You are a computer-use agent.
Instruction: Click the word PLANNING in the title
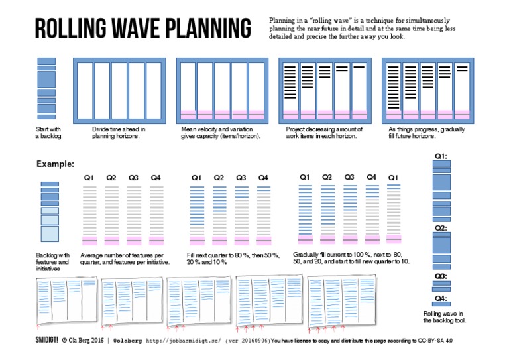pos(201,29)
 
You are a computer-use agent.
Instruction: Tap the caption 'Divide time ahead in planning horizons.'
pos(119,133)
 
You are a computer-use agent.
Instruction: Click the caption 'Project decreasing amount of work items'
pos(324,133)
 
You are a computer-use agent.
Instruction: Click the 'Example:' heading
pos(55,163)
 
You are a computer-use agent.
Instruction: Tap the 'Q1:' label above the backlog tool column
pos(441,156)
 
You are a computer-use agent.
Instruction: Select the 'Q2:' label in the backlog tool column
pos(441,227)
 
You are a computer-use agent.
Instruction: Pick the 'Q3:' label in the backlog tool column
pos(441,276)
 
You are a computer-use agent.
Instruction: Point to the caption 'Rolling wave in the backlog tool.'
pos(444,317)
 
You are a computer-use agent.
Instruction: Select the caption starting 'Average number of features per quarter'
pos(125,259)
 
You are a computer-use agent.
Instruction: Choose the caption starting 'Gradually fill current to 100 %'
pos(352,259)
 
